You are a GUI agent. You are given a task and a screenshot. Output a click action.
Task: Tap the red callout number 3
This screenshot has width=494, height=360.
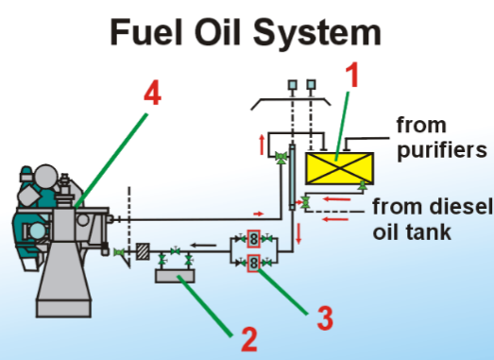coord(326,317)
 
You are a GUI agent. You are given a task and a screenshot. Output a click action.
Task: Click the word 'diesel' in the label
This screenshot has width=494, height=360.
coord(461,207)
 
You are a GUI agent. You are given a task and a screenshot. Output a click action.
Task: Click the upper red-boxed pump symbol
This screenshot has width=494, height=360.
coord(254,238)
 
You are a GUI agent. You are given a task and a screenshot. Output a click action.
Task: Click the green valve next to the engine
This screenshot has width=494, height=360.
coord(118,252)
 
